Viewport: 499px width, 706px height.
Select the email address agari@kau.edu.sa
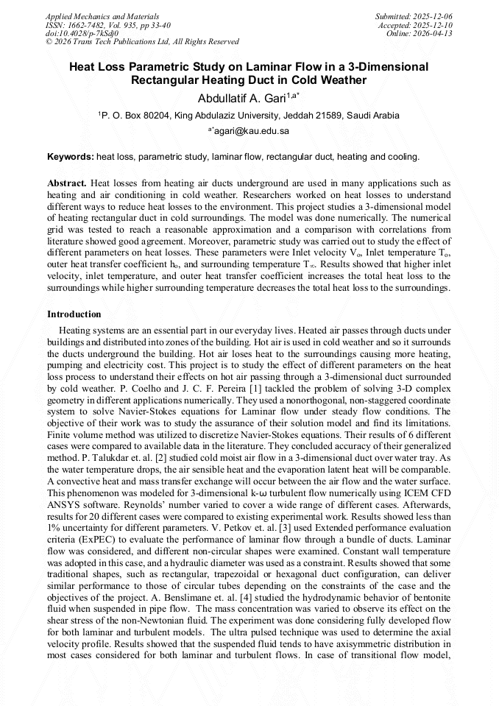251,131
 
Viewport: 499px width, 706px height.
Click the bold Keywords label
71,157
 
